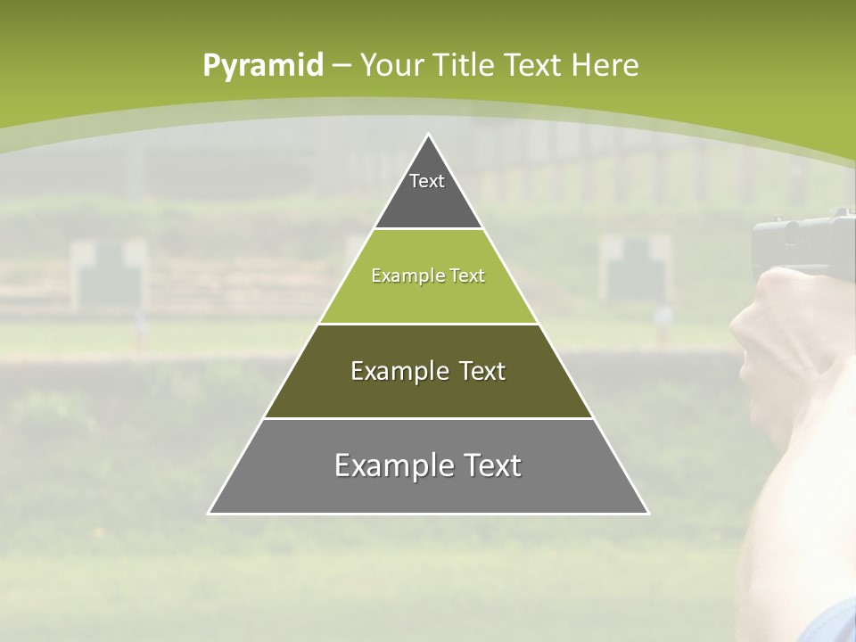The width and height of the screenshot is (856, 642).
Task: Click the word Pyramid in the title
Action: [262, 66]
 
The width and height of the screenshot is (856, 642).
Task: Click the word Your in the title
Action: [391, 65]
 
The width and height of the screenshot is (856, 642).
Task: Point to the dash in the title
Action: [342, 66]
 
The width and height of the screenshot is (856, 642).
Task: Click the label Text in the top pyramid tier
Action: [427, 181]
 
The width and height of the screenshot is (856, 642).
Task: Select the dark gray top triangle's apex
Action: [429, 136]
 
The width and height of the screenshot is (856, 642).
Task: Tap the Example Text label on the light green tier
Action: [428, 276]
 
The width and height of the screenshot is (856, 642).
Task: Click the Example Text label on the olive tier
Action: [428, 371]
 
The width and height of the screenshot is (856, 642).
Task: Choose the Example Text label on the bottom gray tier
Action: [428, 465]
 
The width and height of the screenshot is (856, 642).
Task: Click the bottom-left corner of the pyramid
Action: [210, 513]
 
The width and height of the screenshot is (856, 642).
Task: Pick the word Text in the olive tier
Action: [476, 371]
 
